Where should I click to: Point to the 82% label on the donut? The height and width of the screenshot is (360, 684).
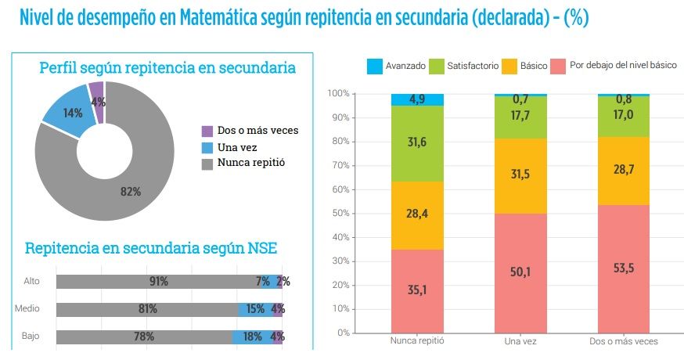coord(130,192)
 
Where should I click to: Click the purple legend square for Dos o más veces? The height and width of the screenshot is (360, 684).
coord(207,131)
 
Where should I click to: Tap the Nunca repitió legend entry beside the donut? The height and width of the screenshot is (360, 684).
coord(250,164)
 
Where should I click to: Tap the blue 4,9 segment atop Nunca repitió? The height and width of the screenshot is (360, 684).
coord(417,99)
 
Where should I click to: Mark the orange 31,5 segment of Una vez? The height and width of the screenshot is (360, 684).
coord(520,175)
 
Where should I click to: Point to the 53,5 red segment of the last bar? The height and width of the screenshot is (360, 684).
coord(624,268)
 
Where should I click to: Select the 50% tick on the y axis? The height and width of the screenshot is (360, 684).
coord(338,213)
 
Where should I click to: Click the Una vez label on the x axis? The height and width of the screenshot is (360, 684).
coord(520,342)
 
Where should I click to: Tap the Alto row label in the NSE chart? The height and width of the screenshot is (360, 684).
coord(31,281)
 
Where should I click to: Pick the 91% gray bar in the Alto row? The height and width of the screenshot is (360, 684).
coord(157,282)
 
